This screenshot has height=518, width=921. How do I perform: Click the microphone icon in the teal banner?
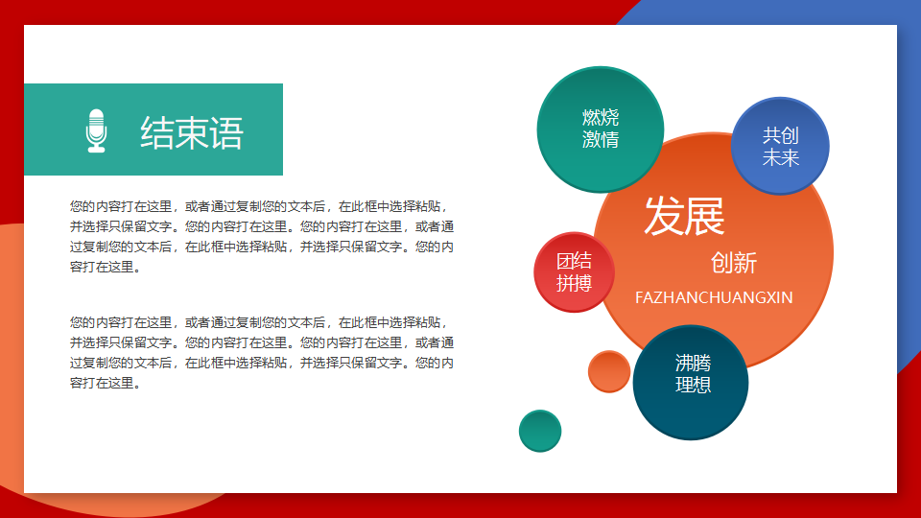96,131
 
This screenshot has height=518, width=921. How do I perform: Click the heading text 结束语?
192,132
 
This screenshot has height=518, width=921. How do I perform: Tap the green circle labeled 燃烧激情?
601,129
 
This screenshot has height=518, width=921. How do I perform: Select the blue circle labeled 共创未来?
780,146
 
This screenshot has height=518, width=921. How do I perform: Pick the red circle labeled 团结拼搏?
574,271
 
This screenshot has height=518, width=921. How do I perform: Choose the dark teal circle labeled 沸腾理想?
691,383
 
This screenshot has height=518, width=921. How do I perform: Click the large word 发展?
684,216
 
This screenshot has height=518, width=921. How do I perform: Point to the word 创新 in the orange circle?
734,263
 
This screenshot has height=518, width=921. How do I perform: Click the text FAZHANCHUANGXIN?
714,297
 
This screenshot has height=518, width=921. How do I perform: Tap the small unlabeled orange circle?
609,371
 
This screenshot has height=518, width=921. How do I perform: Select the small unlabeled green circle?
540,431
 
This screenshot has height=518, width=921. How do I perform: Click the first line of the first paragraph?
258,207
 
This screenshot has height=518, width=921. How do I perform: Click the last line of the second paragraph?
105,383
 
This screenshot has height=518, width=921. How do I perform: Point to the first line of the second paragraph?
258,322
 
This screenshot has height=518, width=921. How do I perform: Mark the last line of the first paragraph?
105,268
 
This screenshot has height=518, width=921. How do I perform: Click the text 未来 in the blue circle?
781,157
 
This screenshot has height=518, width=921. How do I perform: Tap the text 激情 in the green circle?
601,140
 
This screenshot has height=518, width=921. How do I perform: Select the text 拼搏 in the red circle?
574,283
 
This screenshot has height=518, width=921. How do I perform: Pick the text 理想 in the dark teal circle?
693,385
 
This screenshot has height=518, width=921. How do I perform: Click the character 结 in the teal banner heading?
156,132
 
